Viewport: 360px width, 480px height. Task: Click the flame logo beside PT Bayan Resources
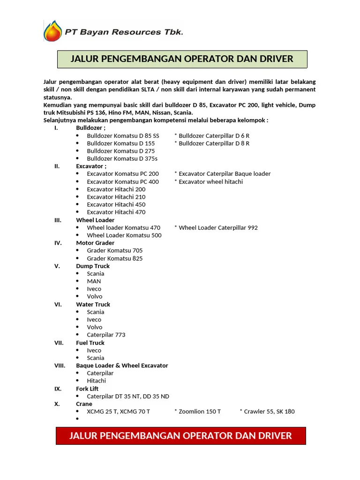click(x=52, y=31)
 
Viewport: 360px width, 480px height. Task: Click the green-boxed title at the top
click(x=182, y=59)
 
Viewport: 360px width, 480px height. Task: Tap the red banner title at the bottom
click(x=180, y=436)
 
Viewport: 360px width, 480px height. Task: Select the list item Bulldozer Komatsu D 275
click(x=120, y=151)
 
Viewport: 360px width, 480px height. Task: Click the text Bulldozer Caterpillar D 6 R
click(x=214, y=135)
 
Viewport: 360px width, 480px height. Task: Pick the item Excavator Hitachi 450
click(x=116, y=204)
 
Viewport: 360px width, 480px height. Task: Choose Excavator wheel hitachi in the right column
click(x=210, y=181)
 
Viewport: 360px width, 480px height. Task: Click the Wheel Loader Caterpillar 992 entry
click(x=218, y=227)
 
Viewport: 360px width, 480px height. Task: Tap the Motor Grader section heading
click(x=95, y=243)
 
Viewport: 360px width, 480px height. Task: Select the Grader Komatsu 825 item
click(x=115, y=258)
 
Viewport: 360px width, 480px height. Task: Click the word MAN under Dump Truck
click(x=94, y=281)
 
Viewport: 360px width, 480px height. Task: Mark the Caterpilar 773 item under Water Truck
click(x=106, y=335)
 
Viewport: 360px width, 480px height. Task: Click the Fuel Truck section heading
click(x=90, y=343)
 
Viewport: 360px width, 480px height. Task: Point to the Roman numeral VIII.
click(x=60, y=366)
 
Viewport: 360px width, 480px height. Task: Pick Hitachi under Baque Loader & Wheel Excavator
click(x=97, y=381)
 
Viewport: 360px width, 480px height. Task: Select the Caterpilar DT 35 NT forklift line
click(x=128, y=396)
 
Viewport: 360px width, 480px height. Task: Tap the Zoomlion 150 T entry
click(x=199, y=412)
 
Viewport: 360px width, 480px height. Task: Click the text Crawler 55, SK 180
click(x=269, y=412)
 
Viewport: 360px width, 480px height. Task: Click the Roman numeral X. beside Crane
click(x=57, y=404)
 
